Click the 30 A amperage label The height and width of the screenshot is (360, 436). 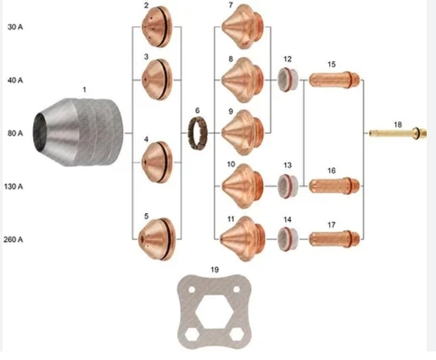click(x=15, y=27)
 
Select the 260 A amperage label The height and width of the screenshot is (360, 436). click(x=13, y=239)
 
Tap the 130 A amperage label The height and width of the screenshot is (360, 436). click(x=14, y=187)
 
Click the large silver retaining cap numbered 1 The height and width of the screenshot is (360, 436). click(x=78, y=132)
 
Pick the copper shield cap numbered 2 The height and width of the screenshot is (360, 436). click(x=157, y=26)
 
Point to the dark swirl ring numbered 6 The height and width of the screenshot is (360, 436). click(x=198, y=132)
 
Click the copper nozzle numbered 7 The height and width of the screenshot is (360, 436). click(x=243, y=26)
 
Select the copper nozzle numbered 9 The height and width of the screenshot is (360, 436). click(x=243, y=132)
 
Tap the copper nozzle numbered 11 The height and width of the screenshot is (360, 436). click(x=243, y=239)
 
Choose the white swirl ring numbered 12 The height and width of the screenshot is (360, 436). click(x=288, y=80)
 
